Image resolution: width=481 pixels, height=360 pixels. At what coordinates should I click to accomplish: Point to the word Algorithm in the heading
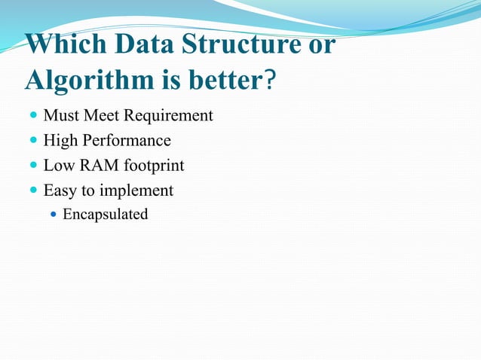click(88, 79)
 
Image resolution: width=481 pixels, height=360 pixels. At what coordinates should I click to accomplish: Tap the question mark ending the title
click(268, 79)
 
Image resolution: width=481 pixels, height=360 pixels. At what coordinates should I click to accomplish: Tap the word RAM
click(93, 166)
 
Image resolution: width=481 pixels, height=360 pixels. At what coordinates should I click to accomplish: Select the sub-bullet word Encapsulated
click(105, 215)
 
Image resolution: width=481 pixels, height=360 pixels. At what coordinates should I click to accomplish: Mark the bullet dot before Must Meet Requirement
click(32, 117)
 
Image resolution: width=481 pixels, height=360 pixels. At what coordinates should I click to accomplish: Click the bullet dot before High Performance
click(32, 141)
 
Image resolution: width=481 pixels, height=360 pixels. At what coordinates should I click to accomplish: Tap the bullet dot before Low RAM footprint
click(32, 166)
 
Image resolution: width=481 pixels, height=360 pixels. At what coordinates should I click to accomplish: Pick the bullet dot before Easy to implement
click(32, 191)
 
